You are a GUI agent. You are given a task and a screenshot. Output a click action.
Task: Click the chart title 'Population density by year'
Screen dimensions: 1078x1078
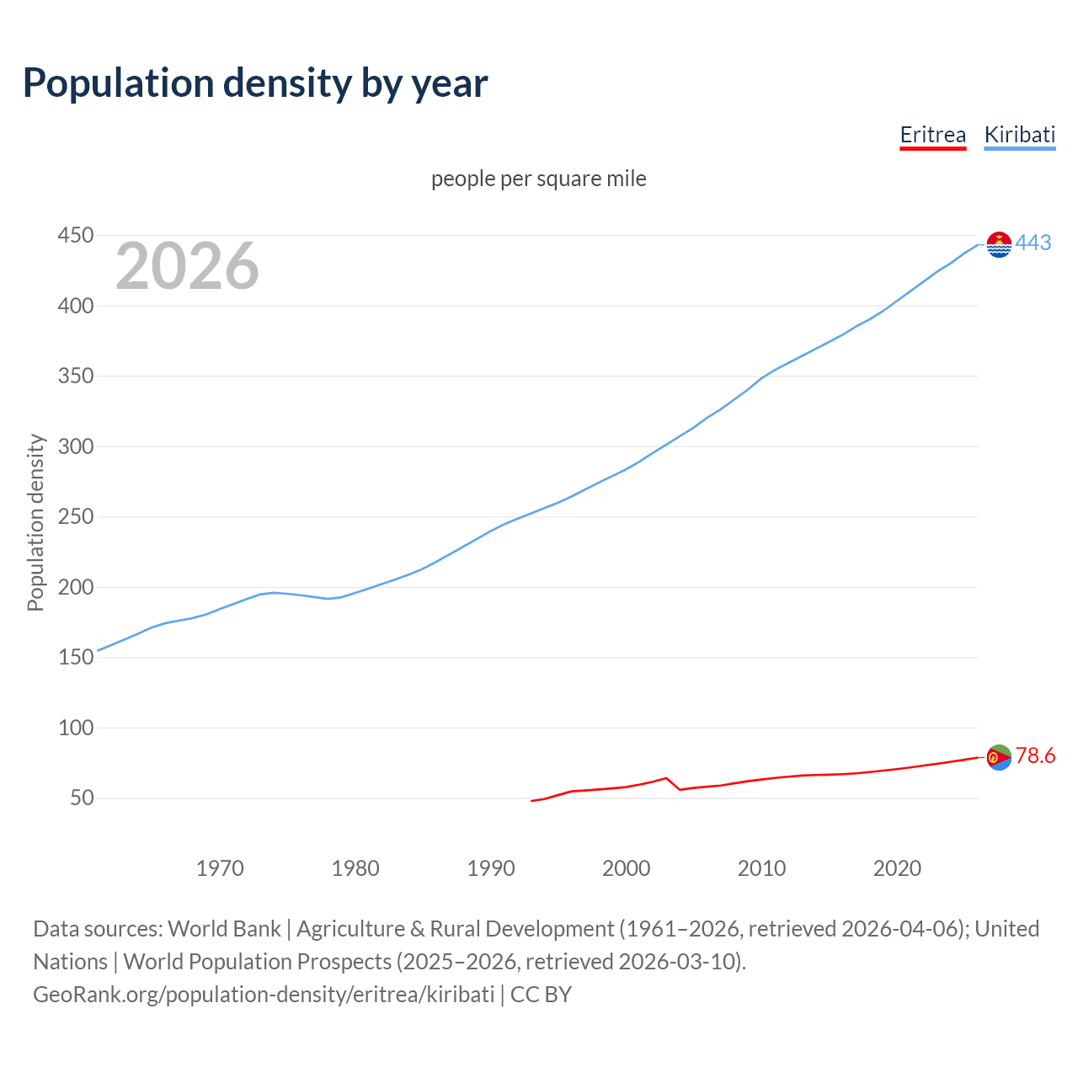(x=255, y=83)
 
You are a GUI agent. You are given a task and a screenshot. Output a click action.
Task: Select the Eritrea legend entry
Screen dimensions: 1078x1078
(x=932, y=135)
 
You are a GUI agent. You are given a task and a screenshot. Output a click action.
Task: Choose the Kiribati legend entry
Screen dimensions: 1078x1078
(x=1019, y=135)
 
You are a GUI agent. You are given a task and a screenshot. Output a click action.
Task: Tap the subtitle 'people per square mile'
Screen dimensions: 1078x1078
(x=538, y=179)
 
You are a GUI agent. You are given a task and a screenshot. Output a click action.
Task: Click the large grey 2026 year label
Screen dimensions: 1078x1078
(x=187, y=266)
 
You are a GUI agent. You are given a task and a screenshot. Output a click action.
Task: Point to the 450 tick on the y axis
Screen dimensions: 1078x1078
(x=75, y=235)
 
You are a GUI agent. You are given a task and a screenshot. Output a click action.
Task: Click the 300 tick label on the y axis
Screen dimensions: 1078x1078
(x=75, y=446)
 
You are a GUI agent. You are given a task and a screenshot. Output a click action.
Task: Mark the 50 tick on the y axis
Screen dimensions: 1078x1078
(x=82, y=798)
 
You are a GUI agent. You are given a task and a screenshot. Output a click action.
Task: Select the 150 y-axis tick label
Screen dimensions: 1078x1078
(x=75, y=657)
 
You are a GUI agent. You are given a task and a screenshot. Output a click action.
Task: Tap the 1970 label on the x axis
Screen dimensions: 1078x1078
(x=220, y=867)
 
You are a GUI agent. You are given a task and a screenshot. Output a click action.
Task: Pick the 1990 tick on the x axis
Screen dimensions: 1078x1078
(x=491, y=867)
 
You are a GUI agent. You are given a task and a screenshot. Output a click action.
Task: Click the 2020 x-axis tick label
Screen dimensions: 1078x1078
(x=897, y=867)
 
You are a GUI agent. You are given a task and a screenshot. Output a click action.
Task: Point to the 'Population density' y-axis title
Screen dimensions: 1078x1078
(x=35, y=522)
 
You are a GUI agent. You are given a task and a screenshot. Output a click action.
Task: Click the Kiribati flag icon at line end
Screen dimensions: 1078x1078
(x=999, y=244)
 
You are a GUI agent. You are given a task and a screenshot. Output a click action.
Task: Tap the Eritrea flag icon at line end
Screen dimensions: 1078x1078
(x=999, y=757)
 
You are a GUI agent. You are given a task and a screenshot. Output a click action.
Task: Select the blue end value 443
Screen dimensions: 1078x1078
(x=1033, y=243)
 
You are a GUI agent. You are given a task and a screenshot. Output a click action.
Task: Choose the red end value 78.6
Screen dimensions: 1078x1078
(x=1035, y=755)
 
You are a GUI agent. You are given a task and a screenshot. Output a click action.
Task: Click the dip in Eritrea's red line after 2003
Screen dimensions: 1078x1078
(x=680, y=789)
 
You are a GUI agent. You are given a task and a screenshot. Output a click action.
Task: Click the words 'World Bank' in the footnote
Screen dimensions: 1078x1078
(x=224, y=928)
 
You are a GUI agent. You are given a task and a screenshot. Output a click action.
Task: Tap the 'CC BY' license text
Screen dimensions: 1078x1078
(x=541, y=994)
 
